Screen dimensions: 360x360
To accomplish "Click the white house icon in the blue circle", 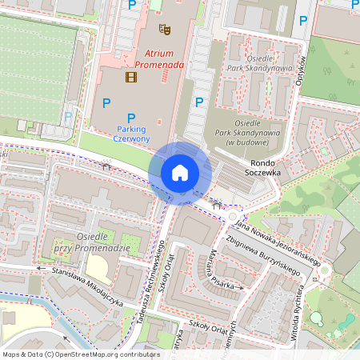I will point(180,172).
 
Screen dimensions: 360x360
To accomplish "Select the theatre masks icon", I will point(165,30).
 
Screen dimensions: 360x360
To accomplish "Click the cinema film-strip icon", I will point(130,77).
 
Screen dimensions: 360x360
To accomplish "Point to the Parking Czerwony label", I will point(133,134).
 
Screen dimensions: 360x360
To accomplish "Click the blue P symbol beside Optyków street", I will point(303,22).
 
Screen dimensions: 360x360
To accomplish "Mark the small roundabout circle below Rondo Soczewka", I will point(233,216).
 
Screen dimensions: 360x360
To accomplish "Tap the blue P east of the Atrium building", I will point(200,102).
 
